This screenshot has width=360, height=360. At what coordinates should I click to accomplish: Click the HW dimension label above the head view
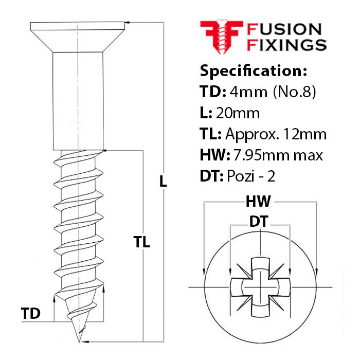click(x=259, y=201)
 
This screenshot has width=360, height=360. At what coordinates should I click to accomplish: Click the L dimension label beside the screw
click(x=163, y=181)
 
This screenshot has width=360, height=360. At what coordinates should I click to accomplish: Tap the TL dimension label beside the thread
click(x=141, y=242)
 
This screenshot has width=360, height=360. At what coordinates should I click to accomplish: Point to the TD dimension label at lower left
click(x=30, y=313)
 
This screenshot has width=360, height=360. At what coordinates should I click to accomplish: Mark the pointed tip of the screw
click(x=79, y=340)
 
